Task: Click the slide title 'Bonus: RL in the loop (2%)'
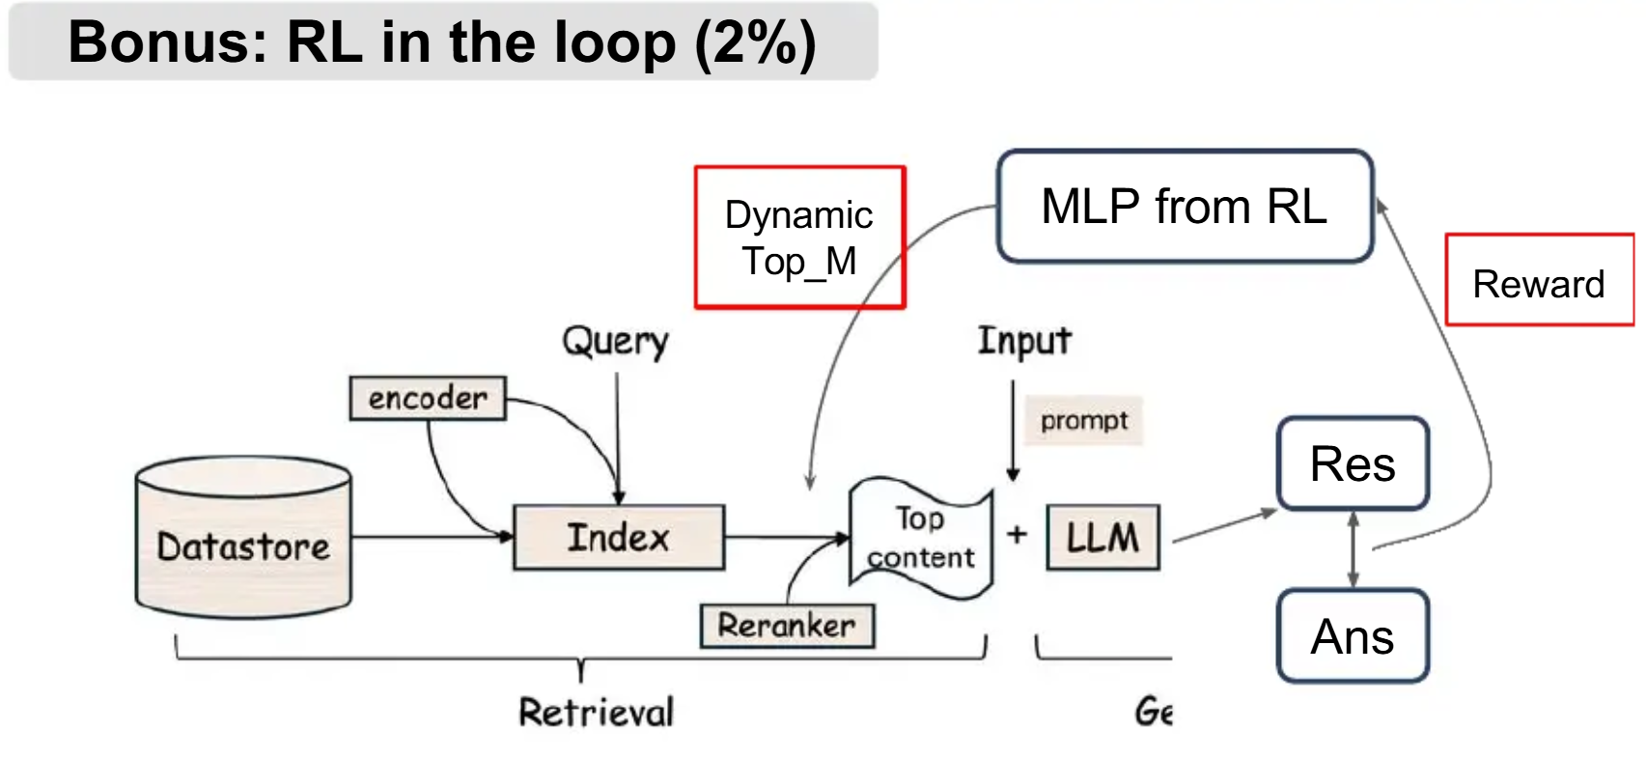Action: pos(442,42)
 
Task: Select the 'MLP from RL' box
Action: pos(1185,207)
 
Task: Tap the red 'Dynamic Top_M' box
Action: pos(799,238)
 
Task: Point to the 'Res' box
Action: pos(1353,464)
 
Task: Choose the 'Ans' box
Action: pos(1353,636)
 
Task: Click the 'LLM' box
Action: pos(1103,537)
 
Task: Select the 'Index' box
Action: pos(619,537)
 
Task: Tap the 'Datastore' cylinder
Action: pos(243,541)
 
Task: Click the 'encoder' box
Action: pos(428,398)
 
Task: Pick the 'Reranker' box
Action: pos(787,626)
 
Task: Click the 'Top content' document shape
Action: pos(920,538)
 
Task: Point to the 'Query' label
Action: pos(616,341)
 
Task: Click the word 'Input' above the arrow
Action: pos(1024,341)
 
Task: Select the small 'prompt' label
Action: pos(1084,421)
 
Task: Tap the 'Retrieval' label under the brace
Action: pos(596,713)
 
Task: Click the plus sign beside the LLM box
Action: pos(1018,534)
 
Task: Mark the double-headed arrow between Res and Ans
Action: pos(1353,549)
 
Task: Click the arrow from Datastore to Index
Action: pos(432,537)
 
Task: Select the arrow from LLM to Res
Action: pos(1224,526)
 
